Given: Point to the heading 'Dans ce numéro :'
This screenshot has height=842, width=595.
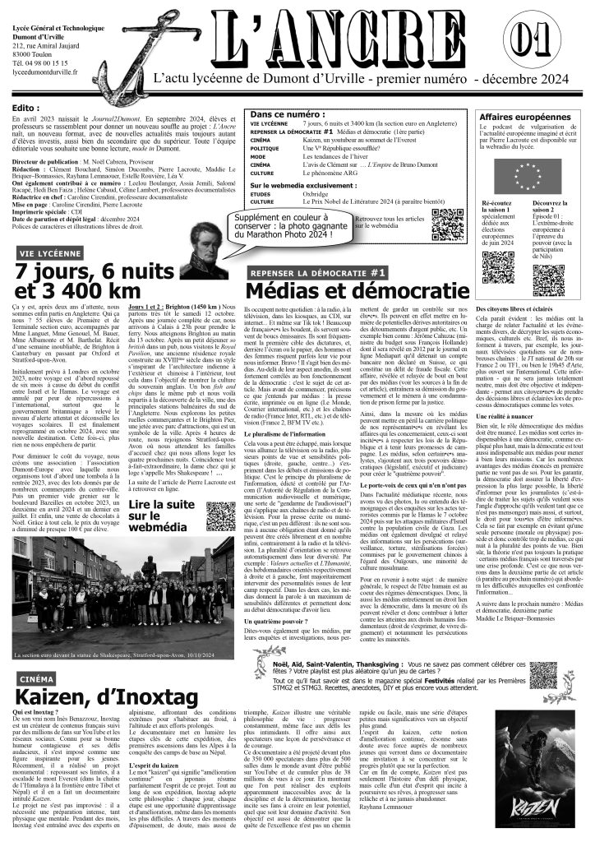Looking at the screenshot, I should [x=288, y=114].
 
